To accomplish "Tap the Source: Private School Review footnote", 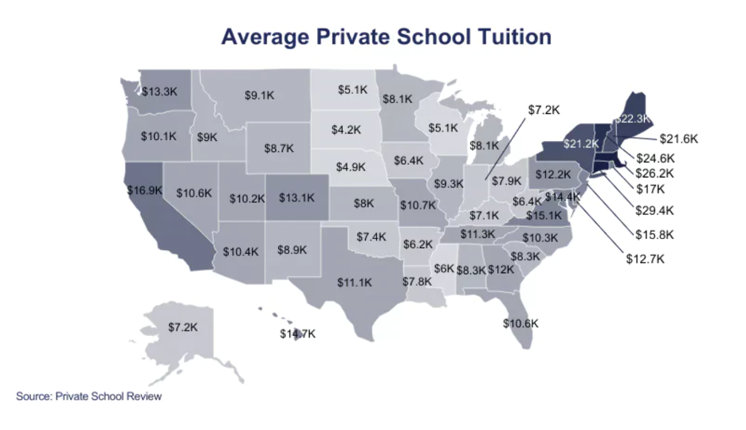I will tap(88, 396).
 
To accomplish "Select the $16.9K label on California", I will tap(144, 190).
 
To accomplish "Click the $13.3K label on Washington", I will tap(159, 92).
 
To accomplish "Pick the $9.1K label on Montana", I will tap(259, 95).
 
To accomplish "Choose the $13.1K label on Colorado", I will tap(296, 198).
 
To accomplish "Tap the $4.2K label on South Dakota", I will tap(347, 129).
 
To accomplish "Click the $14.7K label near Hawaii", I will tap(297, 334).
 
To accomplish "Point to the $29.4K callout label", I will tap(655, 211).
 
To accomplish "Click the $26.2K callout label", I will tap(655, 173).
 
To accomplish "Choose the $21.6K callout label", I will tap(678, 139).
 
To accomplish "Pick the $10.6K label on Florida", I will tap(521, 323).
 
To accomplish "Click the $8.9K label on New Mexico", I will tap(292, 249).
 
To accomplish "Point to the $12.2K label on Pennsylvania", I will tap(552, 174).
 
